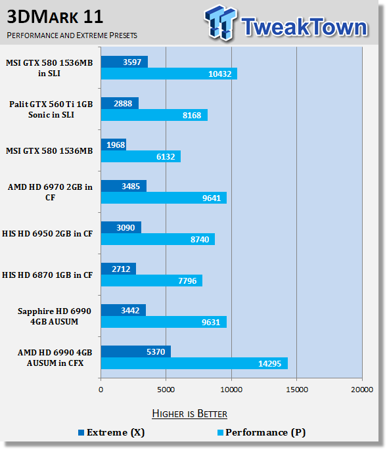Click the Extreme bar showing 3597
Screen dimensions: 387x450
124,62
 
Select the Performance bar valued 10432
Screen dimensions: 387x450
169,74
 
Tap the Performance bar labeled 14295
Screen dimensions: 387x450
194,363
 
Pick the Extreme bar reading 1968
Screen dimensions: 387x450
114,145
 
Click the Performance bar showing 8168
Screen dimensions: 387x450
154,115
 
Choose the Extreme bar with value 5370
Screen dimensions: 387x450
136,351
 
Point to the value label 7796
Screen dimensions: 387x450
187,281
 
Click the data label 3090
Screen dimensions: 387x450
125,227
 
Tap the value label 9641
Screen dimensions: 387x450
212,198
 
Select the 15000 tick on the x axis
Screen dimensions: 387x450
297,390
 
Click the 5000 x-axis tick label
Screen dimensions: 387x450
166,390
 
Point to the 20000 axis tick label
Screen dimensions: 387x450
362,390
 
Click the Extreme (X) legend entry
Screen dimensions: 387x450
112,432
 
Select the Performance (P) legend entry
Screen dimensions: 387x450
262,432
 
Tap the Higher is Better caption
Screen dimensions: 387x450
189,414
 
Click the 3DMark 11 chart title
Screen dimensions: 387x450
55,16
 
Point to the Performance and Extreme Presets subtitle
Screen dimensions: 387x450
72,35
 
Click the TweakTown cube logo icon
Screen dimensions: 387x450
221,22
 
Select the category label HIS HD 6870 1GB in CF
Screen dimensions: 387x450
47,275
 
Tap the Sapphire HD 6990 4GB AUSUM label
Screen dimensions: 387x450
55,316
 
